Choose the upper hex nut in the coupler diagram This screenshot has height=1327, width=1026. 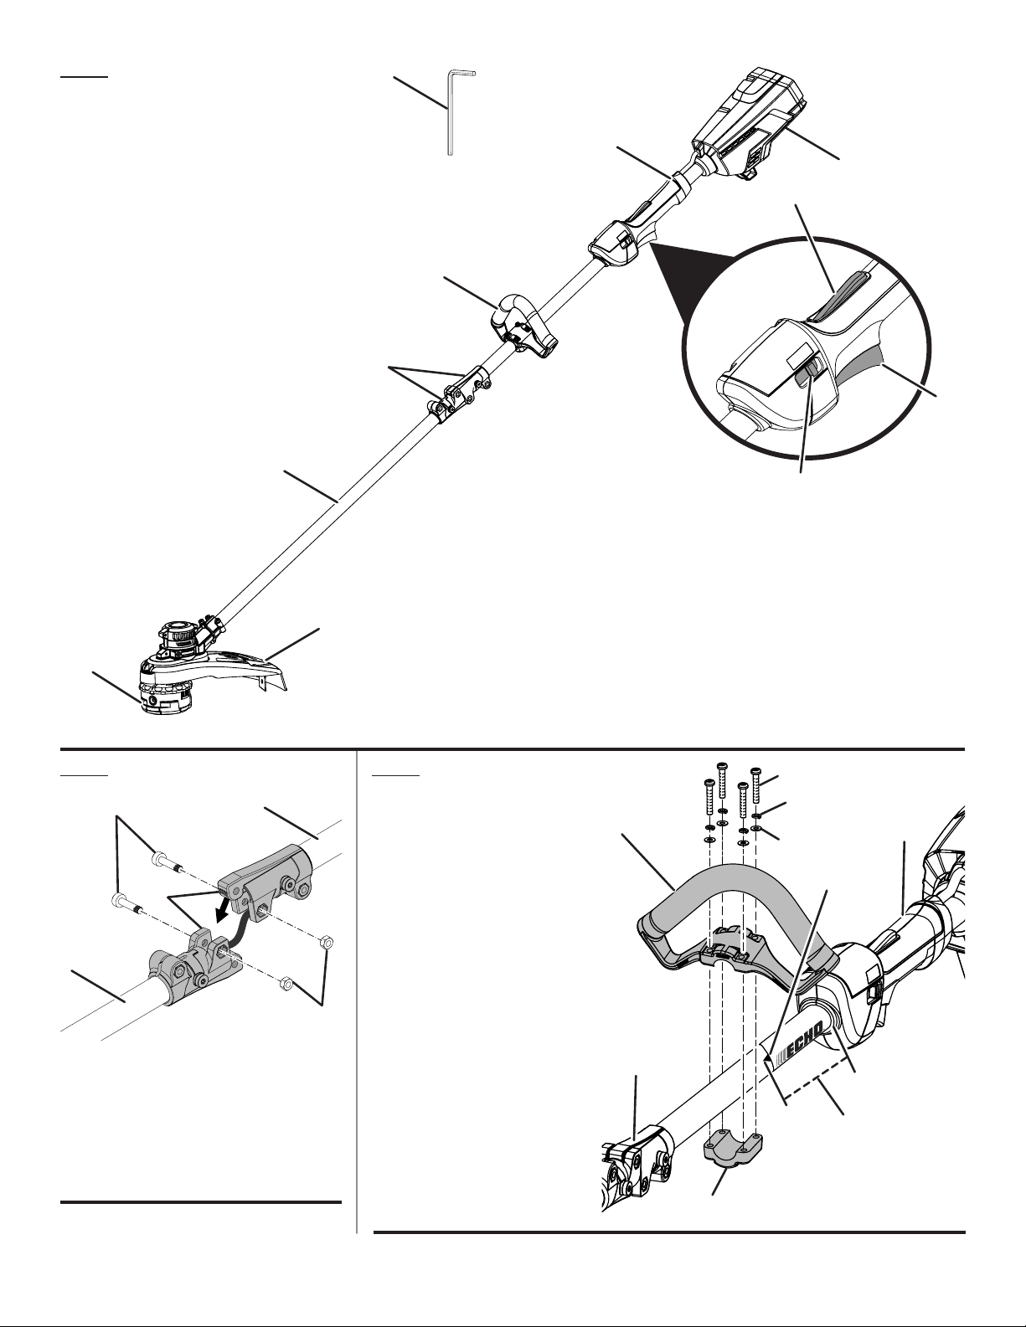click(x=327, y=943)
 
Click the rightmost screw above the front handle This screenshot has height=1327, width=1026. click(x=756, y=783)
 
